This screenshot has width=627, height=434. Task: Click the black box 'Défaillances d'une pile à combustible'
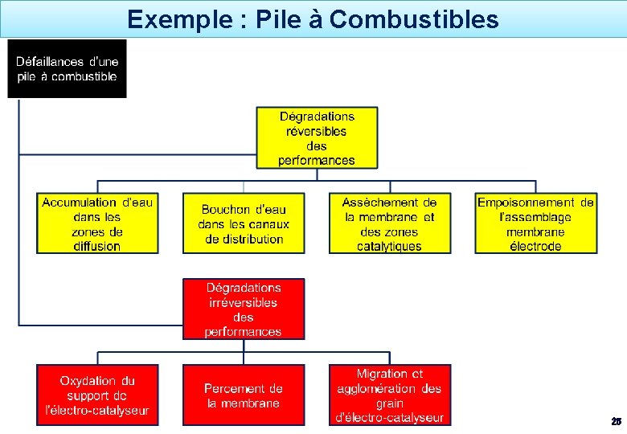click(67, 69)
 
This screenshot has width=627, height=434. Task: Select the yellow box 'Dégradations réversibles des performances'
click(317, 138)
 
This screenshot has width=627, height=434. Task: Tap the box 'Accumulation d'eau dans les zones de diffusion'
click(97, 223)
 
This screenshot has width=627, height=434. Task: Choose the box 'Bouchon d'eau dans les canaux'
click(244, 223)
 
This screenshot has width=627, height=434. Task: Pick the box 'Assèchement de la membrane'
click(390, 223)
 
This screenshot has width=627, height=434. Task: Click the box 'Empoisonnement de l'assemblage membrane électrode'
click(536, 223)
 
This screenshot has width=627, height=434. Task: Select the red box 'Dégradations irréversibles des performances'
click(244, 309)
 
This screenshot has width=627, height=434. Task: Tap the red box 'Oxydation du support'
click(97, 395)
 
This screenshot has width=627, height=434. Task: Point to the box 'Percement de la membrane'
click(244, 395)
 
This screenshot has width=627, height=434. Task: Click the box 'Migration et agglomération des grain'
click(390, 395)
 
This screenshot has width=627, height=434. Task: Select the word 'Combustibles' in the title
click(414, 18)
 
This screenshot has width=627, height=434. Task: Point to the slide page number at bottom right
click(616, 421)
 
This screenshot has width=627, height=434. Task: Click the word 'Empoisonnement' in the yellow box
click(527, 203)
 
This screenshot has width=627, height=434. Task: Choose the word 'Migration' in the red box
click(383, 374)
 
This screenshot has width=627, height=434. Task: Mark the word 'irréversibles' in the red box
click(244, 302)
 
